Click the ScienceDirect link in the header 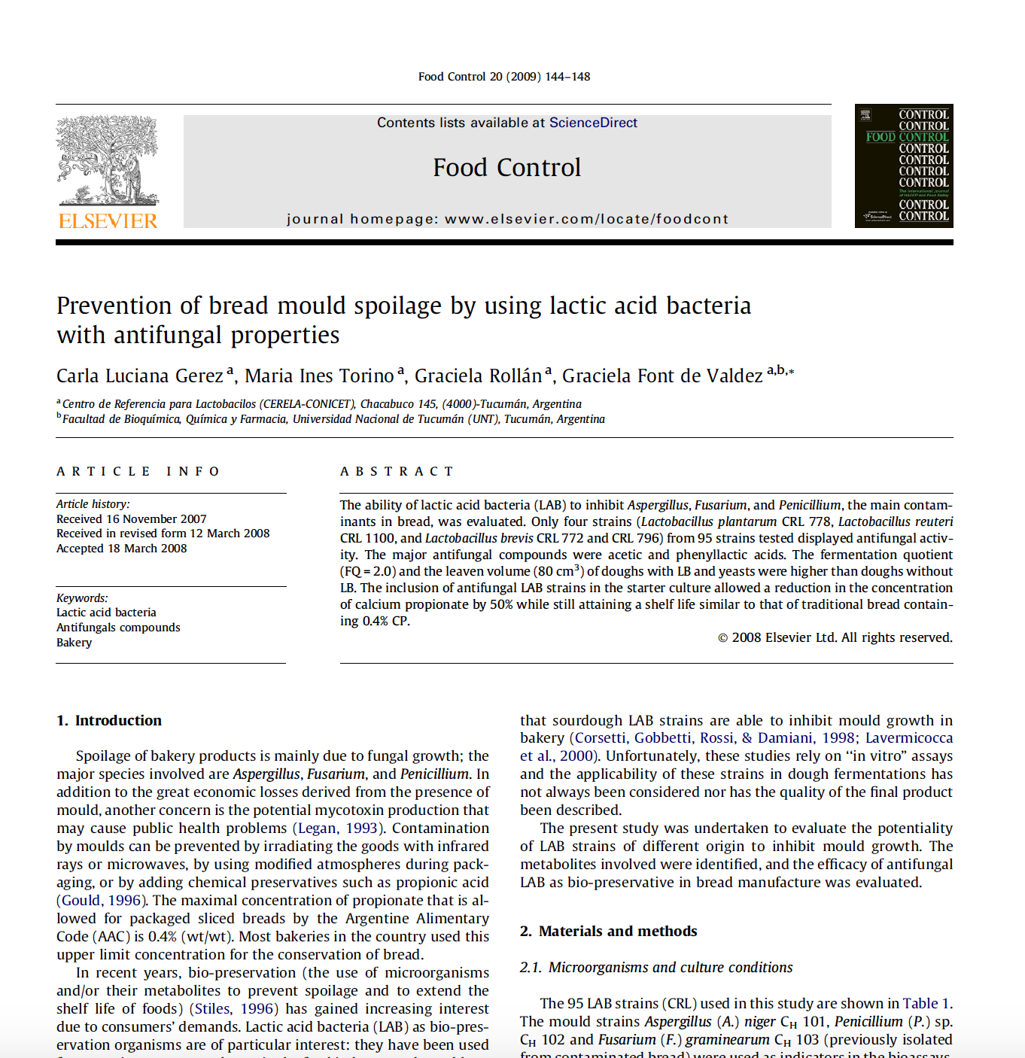pyautogui.click(x=593, y=123)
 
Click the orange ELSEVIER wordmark pyautogui.click(x=108, y=221)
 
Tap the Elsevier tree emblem pyautogui.click(x=108, y=160)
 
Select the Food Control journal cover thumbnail pyautogui.click(x=904, y=166)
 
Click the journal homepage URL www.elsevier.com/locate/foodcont pyautogui.click(x=586, y=219)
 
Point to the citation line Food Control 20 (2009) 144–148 pyautogui.click(x=504, y=77)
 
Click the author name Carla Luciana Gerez pyautogui.click(x=140, y=375)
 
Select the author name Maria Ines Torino pyautogui.click(x=319, y=375)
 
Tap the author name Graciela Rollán pyautogui.click(x=478, y=375)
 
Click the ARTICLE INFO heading pyautogui.click(x=138, y=472)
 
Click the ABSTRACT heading pyautogui.click(x=397, y=472)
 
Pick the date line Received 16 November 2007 pyautogui.click(x=132, y=519)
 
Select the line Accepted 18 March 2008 pyautogui.click(x=122, y=549)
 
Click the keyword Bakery pyautogui.click(x=75, y=643)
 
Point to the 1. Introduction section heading pyautogui.click(x=109, y=720)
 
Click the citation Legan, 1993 pyautogui.click(x=338, y=828)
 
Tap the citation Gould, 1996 pyautogui.click(x=101, y=901)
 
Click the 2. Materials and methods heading pyautogui.click(x=608, y=931)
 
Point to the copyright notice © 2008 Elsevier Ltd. pyautogui.click(x=835, y=637)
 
